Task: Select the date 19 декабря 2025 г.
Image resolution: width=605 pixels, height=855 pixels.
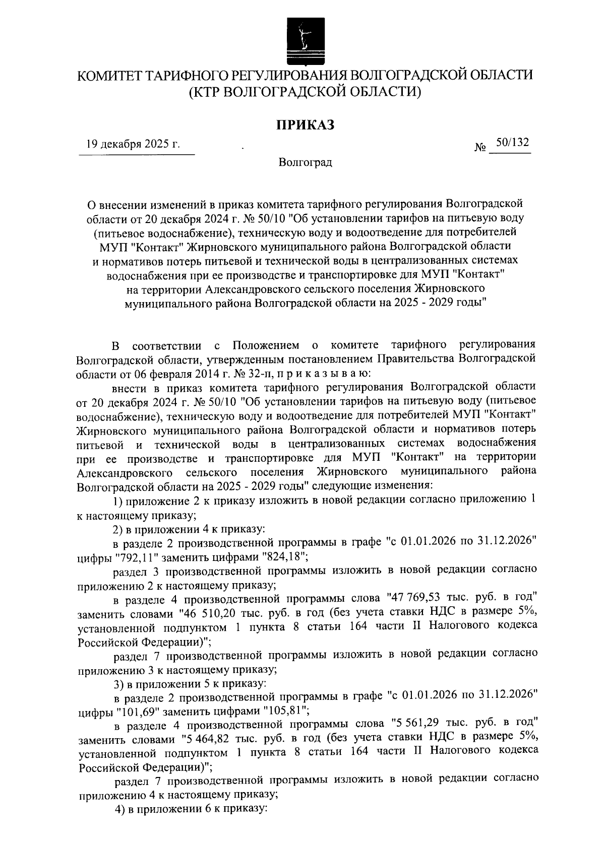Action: [133, 145]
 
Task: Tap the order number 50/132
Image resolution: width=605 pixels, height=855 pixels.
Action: [512, 143]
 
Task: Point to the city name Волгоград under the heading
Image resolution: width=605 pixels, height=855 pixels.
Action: [305, 163]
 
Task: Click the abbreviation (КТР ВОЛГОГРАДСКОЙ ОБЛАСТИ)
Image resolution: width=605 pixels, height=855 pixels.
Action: [305, 92]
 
